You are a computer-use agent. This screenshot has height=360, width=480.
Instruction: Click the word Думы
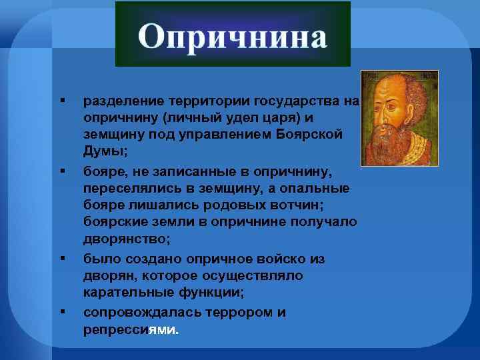click(x=103, y=151)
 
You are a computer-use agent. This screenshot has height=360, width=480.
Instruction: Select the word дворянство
click(x=125, y=239)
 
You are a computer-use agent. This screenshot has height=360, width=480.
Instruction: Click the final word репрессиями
click(x=131, y=329)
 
